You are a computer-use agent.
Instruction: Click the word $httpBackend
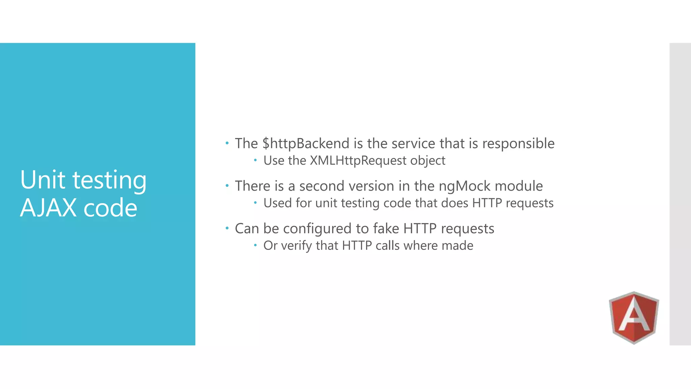(306, 144)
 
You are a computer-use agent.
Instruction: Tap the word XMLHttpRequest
(358, 161)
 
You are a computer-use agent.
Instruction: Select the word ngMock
(464, 186)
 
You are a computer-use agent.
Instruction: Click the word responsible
(518, 144)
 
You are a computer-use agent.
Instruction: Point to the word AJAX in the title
(48, 208)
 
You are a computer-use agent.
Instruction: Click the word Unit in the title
(43, 180)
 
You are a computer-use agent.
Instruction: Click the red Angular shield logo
(634, 317)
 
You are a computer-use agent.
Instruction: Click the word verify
(296, 246)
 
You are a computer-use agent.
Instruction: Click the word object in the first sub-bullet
(427, 161)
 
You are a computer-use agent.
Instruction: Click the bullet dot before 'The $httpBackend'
(227, 144)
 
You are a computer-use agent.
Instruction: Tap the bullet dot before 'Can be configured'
(227, 229)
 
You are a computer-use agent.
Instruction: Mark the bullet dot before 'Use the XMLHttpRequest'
(255, 160)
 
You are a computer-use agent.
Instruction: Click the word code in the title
(110, 208)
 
